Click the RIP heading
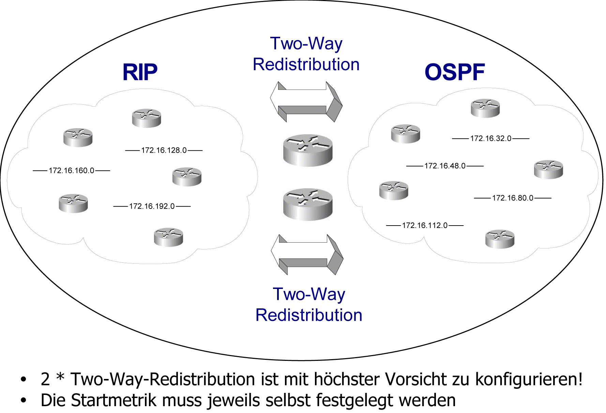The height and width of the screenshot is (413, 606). [x=140, y=72]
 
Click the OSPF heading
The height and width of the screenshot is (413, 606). [x=455, y=72]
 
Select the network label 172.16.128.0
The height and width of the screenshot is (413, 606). [x=164, y=150]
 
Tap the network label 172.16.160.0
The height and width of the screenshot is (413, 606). [x=71, y=170]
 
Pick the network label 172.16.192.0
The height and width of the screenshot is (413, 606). [x=152, y=206]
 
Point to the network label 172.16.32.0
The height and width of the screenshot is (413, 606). [x=490, y=138]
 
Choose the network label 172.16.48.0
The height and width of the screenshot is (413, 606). [x=445, y=166]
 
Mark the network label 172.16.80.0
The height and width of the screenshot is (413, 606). [x=512, y=198]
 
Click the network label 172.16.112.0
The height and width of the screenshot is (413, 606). [x=424, y=225]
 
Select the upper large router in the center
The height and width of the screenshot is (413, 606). [x=308, y=150]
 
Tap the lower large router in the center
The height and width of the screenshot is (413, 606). [x=308, y=204]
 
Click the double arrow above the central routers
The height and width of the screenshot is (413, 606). [x=306, y=102]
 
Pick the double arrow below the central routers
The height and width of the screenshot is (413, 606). [x=307, y=255]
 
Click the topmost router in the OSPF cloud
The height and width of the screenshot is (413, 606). [x=485, y=108]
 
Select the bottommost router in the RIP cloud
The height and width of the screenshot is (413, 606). [x=168, y=237]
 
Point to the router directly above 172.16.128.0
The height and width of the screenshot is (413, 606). [x=147, y=118]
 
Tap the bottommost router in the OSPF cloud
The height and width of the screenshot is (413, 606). [x=500, y=239]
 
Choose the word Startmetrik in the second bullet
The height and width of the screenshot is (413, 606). [x=114, y=400]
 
